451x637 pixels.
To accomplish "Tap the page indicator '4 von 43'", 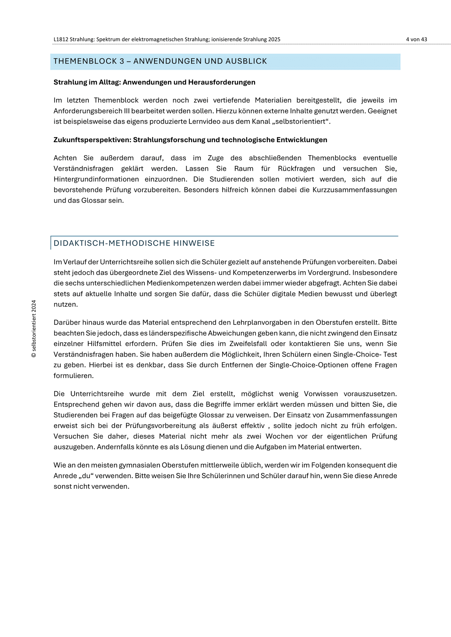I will pos(416,40).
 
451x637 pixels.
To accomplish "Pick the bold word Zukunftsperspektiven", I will pos(92,140).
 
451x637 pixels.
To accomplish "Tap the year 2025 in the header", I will pos(274,40).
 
